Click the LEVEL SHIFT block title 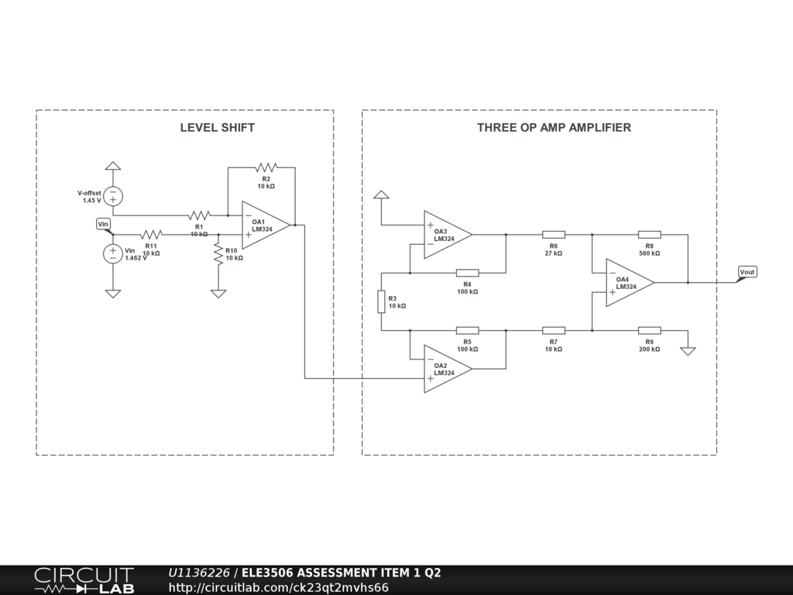click(217, 127)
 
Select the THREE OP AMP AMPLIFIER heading click(554, 127)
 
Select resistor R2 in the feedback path click(266, 167)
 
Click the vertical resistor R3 click(381, 302)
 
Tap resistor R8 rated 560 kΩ click(649, 234)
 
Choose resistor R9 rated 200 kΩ click(649, 331)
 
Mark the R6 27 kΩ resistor click(553, 234)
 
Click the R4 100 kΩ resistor click(467, 273)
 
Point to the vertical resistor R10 click(218, 253)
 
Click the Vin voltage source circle click(113, 253)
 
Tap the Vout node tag click(747, 273)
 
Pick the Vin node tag click(104, 224)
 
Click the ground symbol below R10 click(218, 293)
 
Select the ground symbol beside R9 click(688, 350)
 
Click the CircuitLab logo click(84, 580)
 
